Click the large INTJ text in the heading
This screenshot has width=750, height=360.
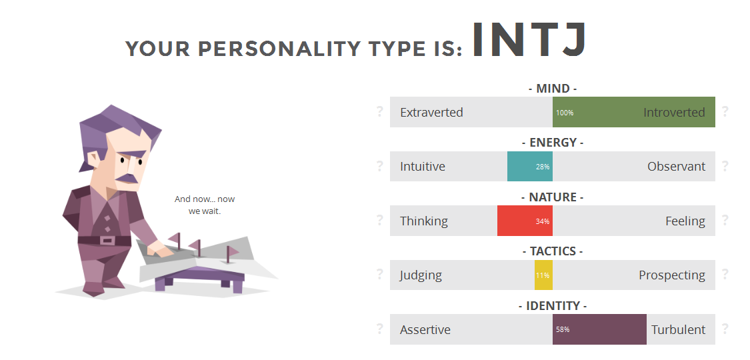tap(529, 39)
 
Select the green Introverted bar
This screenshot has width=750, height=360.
tap(634, 112)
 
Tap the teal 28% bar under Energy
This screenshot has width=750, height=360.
tap(530, 167)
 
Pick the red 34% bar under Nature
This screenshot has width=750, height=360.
tap(525, 221)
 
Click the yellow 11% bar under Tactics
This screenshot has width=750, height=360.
tap(543, 275)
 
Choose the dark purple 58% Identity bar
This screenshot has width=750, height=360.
tap(599, 329)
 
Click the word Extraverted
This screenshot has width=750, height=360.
tap(431, 113)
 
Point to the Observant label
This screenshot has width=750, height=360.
tap(677, 167)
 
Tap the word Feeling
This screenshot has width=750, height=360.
tap(685, 221)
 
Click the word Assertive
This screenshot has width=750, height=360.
tap(425, 330)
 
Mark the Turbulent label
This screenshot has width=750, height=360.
tap(678, 330)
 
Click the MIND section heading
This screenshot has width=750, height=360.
tap(553, 89)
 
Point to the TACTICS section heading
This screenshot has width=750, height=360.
tap(553, 251)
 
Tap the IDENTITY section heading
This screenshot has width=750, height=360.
tap(553, 305)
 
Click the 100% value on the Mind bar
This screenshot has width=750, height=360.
tap(565, 113)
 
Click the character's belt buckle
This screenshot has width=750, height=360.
tap(107, 241)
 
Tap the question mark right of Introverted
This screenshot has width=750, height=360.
tap(725, 111)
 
